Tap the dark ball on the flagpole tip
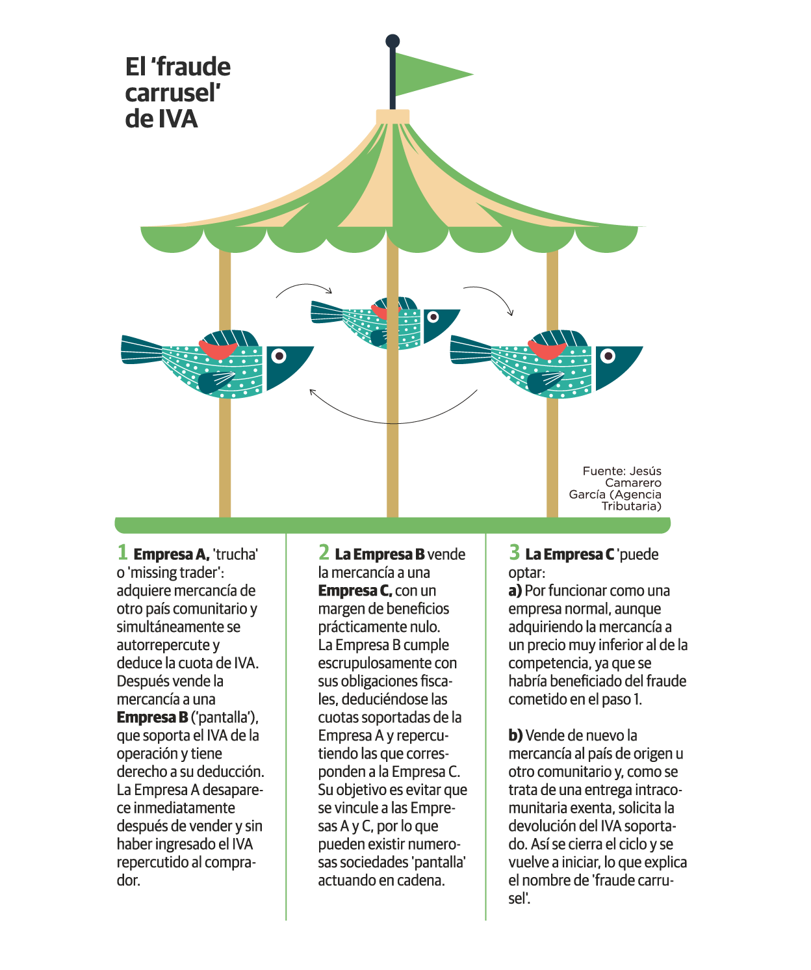click(x=393, y=42)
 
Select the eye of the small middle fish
click(x=433, y=317)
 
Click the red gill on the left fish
click(x=218, y=350)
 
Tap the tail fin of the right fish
click(x=469, y=349)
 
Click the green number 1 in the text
click(x=122, y=553)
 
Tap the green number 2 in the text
click(x=324, y=553)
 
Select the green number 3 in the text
click(x=514, y=553)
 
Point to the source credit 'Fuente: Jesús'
click(x=622, y=471)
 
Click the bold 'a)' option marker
click(x=515, y=591)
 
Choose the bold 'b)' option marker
click(x=515, y=736)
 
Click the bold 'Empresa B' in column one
click(x=152, y=718)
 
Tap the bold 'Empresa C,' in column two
click(x=355, y=591)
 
